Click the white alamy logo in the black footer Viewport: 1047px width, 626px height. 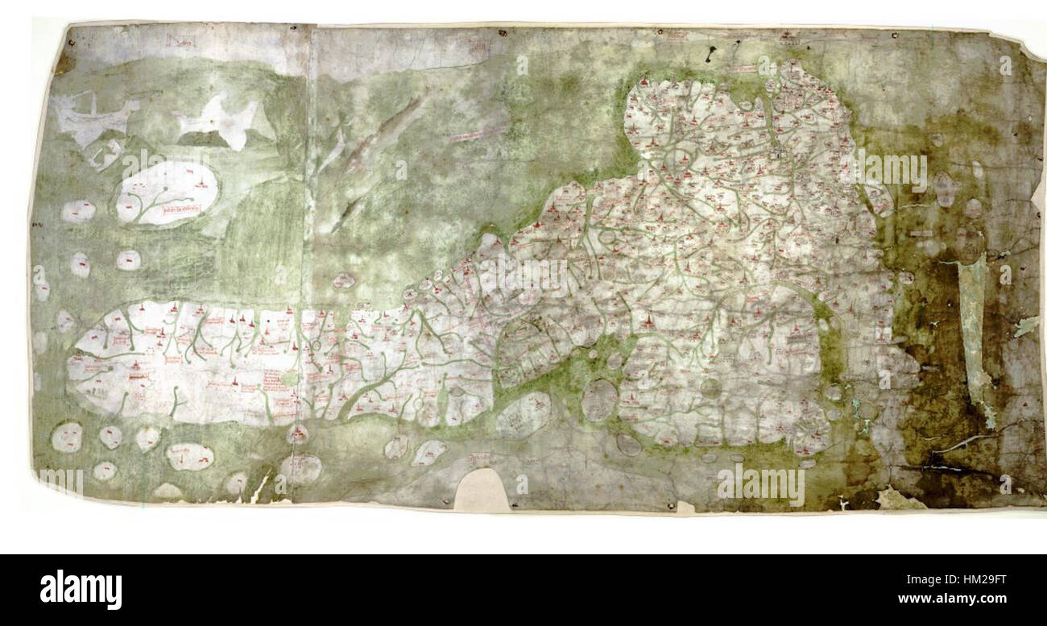(x=81, y=589)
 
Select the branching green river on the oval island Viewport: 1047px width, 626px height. (x=153, y=205)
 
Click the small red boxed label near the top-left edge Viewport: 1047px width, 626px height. (x=176, y=40)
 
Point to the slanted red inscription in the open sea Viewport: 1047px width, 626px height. (x=475, y=135)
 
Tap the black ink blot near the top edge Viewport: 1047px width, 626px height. (x=710, y=55)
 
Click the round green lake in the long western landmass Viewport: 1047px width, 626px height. (x=290, y=376)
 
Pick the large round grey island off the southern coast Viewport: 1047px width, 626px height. (x=598, y=400)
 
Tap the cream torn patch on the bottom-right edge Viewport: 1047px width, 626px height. (x=898, y=500)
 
